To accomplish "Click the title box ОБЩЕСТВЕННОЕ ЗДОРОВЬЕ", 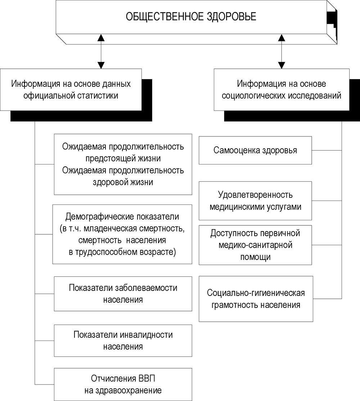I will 191,17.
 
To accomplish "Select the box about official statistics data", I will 71,89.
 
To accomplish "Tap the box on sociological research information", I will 282,89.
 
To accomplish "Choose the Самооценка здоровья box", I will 255,150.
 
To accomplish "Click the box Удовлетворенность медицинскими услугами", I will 255,201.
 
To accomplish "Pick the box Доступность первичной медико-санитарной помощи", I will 255,245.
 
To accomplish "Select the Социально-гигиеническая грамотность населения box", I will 256,299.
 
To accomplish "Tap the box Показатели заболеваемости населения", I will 123,294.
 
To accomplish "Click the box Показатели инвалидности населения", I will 123,340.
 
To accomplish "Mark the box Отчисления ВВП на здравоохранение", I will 123,384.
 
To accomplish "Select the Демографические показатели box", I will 122,234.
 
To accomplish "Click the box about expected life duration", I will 123,165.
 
